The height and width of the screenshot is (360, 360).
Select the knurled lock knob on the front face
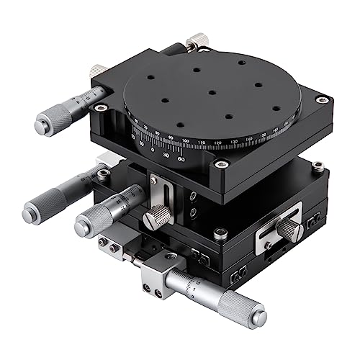coord(158,215)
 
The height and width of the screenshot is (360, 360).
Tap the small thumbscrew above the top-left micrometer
coord(97,71)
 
